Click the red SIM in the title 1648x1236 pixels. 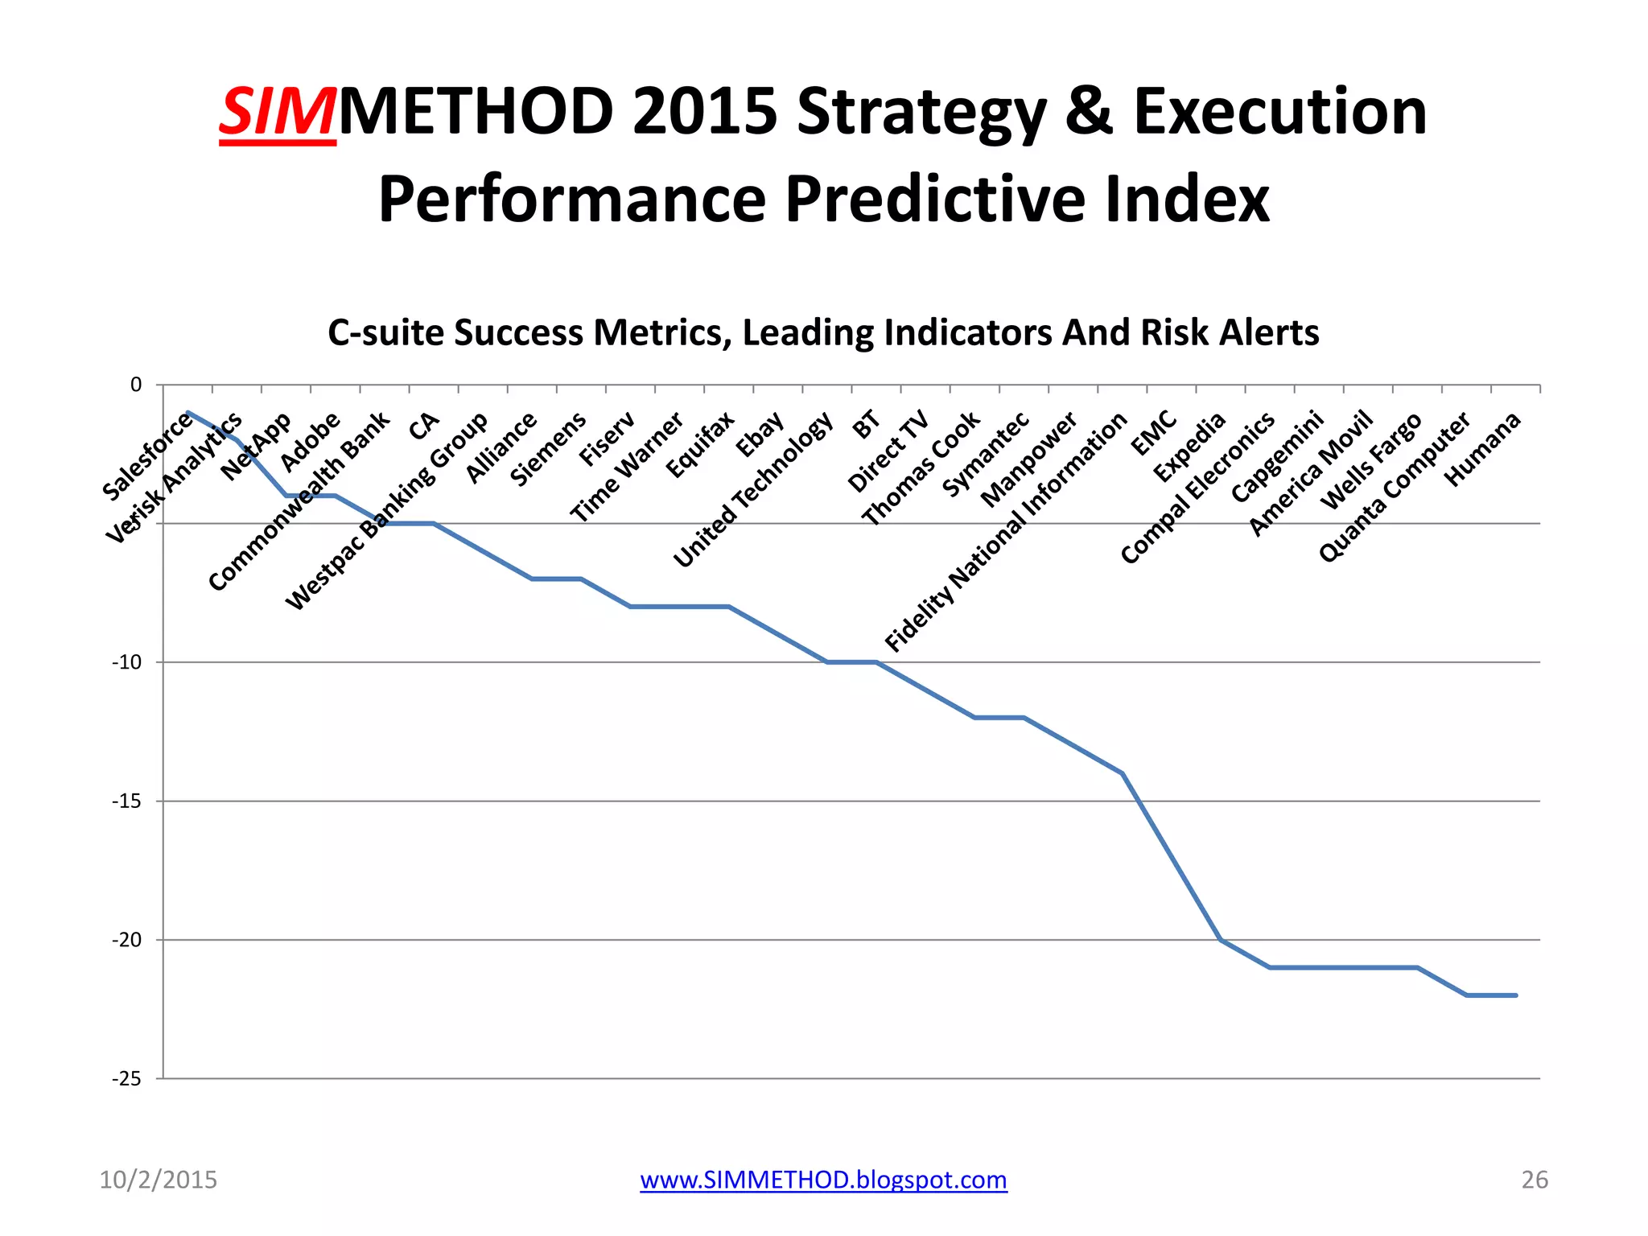coord(277,113)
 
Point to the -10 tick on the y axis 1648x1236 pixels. coord(126,663)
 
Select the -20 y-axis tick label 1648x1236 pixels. coord(126,941)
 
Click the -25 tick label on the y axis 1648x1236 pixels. coord(126,1079)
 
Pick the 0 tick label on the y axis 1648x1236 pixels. coord(136,385)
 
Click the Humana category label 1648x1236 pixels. coord(1482,449)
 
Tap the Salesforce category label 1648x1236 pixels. coord(147,456)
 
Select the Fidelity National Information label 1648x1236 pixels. coord(1006,533)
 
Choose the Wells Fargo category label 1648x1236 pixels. coord(1371,461)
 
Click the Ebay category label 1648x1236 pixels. coord(760,435)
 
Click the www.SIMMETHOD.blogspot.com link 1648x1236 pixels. coord(823,1180)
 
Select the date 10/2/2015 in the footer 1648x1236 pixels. coord(158,1180)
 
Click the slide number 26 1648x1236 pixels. coord(1534,1180)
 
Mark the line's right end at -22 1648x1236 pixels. coord(1515,996)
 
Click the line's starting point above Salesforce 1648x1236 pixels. coord(187,412)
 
